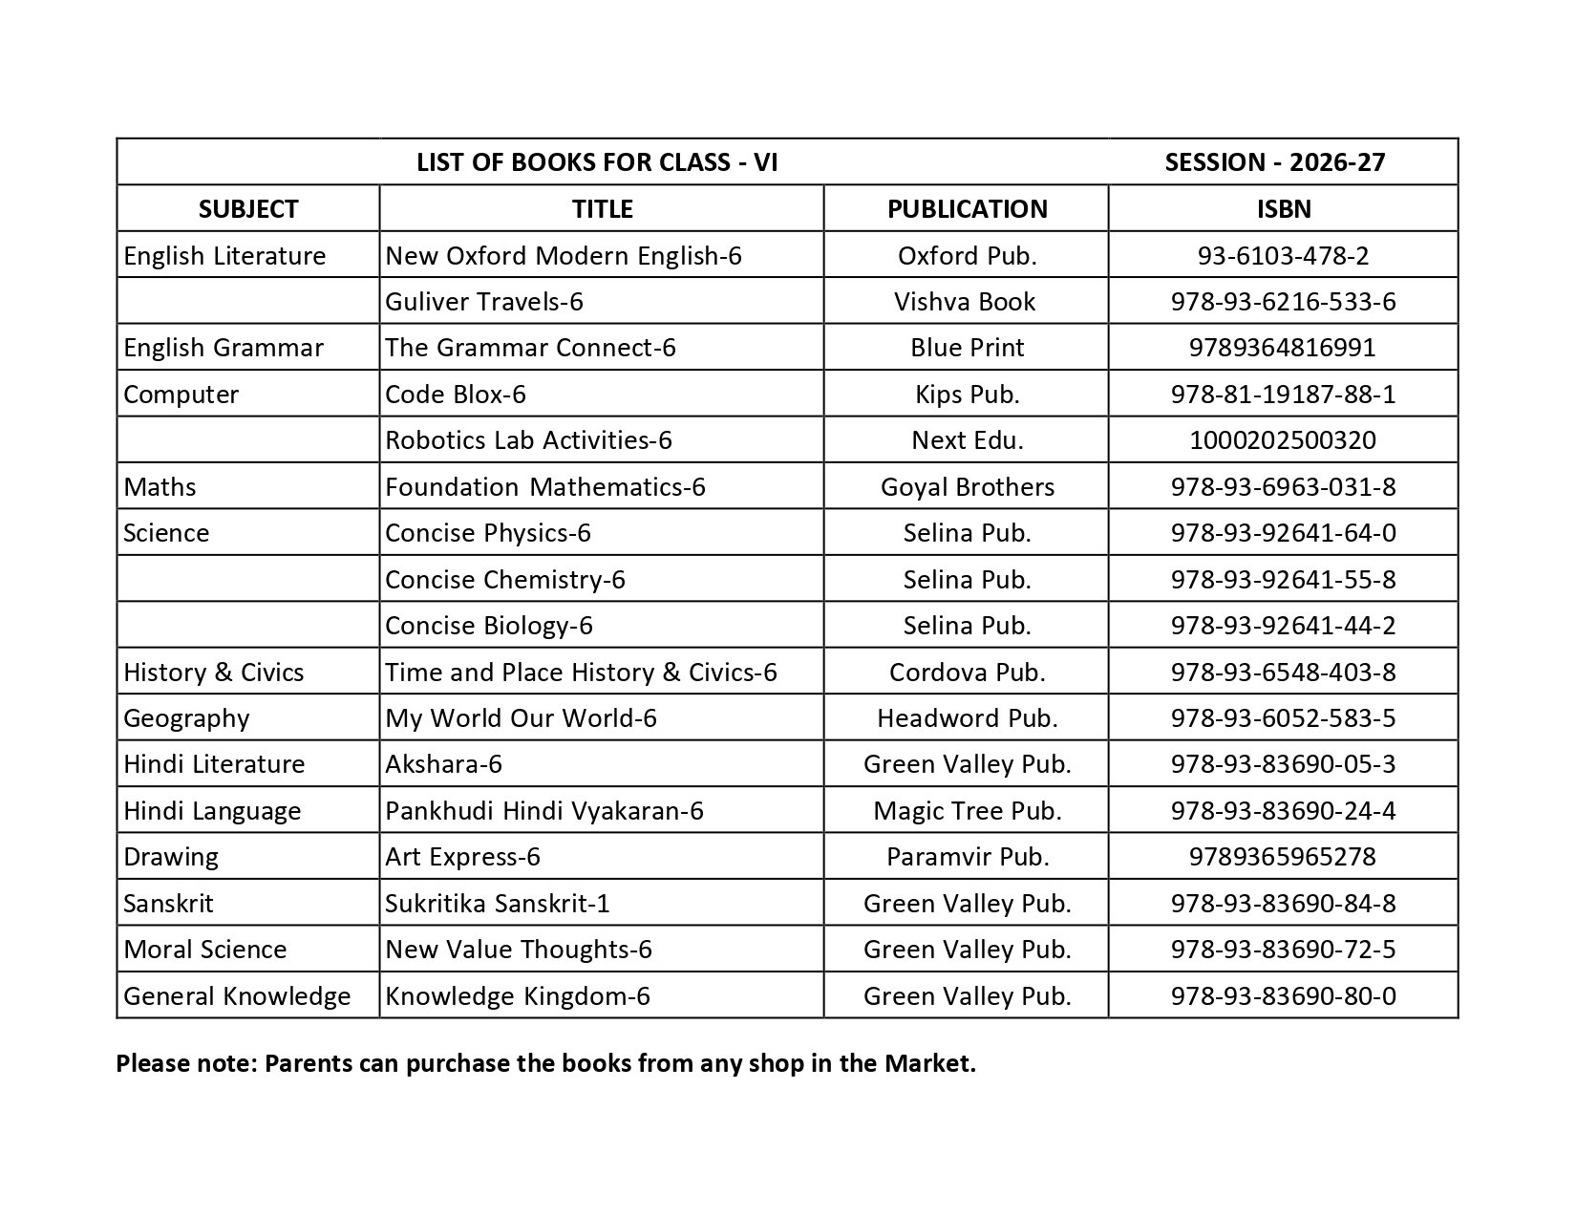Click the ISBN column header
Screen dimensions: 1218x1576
(x=1283, y=209)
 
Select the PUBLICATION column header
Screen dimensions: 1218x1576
(x=967, y=209)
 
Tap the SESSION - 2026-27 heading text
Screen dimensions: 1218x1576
(x=1274, y=162)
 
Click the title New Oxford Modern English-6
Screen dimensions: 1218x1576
(x=563, y=256)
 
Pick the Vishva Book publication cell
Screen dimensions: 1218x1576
(x=965, y=302)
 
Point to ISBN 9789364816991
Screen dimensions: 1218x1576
(x=1282, y=348)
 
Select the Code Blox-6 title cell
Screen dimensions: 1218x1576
(x=455, y=395)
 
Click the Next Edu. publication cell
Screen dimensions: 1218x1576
(x=967, y=440)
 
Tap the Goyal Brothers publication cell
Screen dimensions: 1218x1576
(x=967, y=487)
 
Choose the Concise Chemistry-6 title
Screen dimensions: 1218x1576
(x=504, y=580)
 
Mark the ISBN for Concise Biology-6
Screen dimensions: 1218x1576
(x=1283, y=626)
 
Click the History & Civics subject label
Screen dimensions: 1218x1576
(x=213, y=673)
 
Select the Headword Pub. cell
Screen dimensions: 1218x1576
(x=967, y=718)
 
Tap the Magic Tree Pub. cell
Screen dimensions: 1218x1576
(x=967, y=811)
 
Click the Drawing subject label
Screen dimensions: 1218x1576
(x=171, y=857)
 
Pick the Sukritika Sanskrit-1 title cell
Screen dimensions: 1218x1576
(x=497, y=904)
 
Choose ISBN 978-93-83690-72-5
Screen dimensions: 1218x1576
(x=1283, y=950)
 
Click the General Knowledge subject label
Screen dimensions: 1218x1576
(x=237, y=996)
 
